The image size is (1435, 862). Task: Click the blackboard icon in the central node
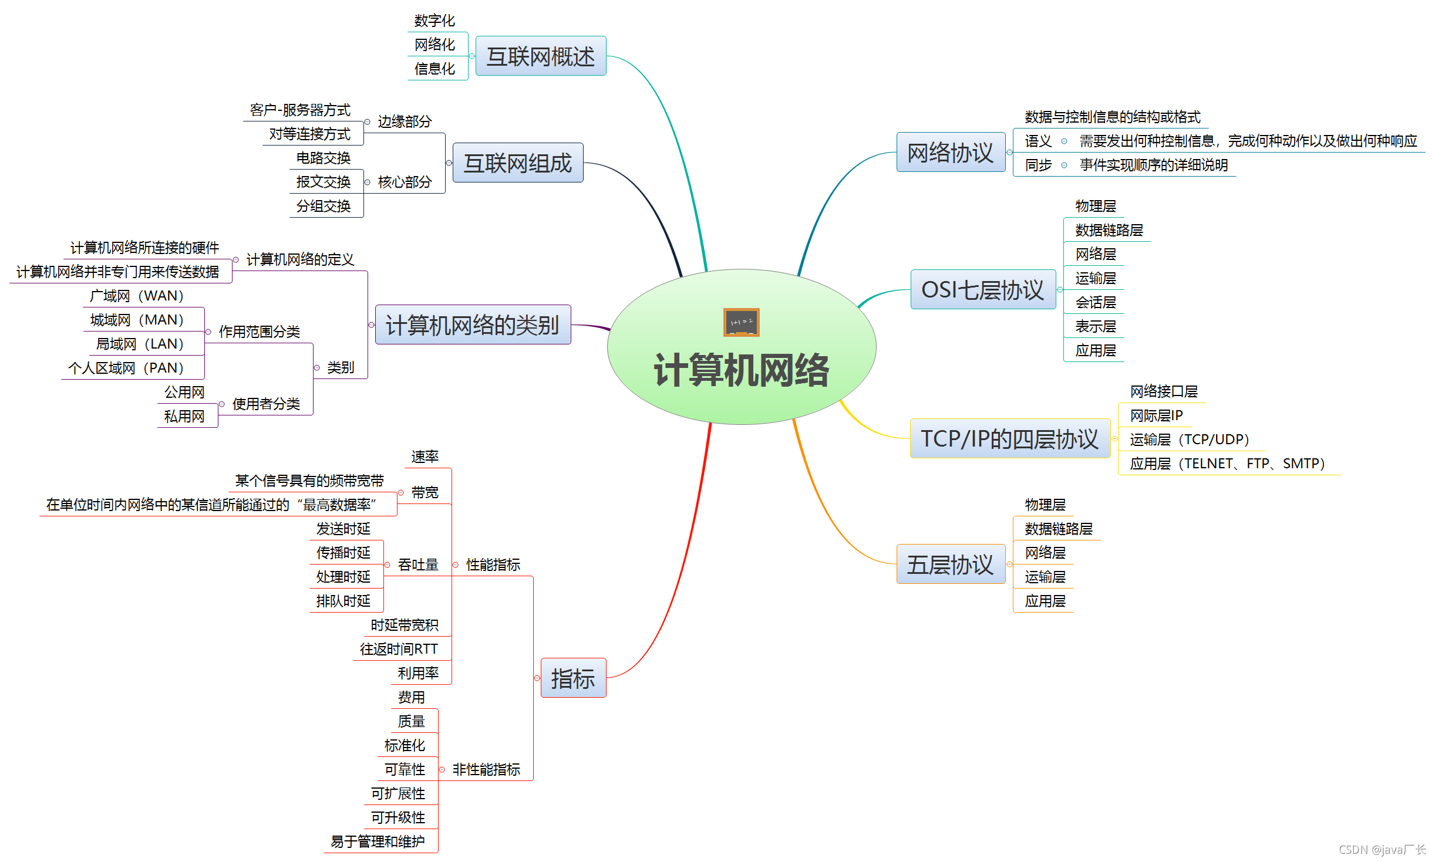741,322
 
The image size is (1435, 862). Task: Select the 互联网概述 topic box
541,56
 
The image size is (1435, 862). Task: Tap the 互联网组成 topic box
518,163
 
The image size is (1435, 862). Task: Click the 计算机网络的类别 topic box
473,324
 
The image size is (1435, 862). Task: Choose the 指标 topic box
573,678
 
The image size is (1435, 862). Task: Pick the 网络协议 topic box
951,152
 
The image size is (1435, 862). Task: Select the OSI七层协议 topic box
983,289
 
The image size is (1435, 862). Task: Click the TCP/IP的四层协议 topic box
1010,438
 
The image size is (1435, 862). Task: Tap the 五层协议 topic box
951,564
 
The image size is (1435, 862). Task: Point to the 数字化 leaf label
434,21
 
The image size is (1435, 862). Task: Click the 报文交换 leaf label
324,182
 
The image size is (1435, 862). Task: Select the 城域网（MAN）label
137,320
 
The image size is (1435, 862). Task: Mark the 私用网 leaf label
184,416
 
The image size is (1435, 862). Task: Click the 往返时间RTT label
399,648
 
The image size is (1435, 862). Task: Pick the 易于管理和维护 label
378,841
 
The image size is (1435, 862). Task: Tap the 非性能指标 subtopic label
486,769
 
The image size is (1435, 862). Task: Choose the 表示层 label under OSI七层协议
1096,326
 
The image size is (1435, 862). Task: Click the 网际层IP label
1157,415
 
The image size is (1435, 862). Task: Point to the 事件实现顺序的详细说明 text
1154,165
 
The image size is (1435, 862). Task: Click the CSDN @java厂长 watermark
1382,849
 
